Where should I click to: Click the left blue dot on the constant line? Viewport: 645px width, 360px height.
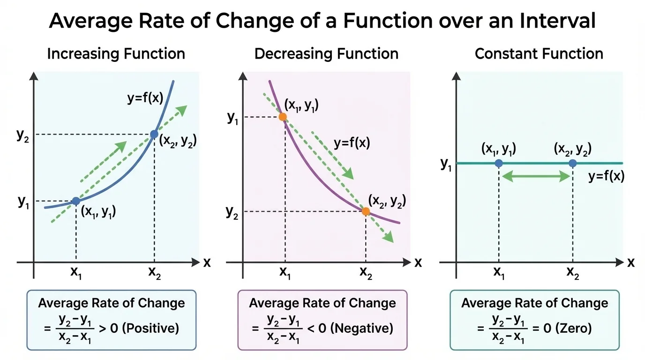point(499,163)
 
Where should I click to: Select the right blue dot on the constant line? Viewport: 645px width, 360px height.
point(572,163)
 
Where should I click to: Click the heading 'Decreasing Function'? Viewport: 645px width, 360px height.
point(326,54)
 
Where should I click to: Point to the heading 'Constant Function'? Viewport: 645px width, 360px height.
point(539,54)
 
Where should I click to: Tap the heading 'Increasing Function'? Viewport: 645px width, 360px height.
point(116,54)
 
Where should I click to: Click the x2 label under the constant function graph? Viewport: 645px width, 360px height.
point(573,273)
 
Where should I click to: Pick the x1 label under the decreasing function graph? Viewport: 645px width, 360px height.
point(285,273)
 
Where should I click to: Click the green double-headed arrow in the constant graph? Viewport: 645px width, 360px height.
point(535,177)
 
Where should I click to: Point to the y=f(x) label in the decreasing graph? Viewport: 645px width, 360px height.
point(352,143)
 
